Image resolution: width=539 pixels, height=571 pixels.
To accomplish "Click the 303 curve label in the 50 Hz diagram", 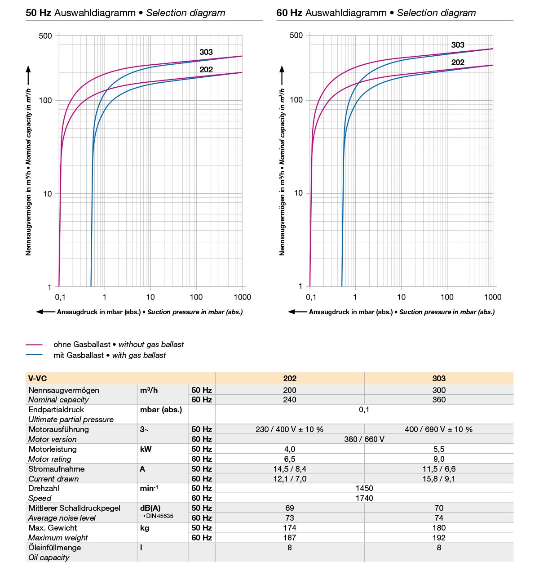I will (206, 52).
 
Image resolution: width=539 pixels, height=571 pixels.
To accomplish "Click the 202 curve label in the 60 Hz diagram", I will (458, 62).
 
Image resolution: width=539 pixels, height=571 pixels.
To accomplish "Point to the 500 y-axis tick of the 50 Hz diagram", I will (45, 36).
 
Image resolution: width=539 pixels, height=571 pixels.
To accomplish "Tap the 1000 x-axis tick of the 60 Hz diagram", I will (493, 297).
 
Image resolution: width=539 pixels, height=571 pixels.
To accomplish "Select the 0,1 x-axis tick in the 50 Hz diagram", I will (60, 297).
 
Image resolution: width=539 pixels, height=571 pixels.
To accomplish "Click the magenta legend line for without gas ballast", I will (34, 345).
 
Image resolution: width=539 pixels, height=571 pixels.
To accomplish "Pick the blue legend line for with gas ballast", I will (34, 355).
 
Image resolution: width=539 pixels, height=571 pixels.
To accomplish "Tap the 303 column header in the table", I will (439, 379).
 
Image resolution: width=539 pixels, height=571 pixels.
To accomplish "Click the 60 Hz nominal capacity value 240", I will (290, 400).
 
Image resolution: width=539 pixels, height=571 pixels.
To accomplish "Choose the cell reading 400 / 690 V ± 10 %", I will (439, 429).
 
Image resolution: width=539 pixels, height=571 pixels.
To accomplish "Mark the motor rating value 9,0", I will (439, 459).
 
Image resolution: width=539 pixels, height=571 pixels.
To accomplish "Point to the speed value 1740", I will (364, 498).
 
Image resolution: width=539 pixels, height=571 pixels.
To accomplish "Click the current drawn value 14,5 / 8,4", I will (290, 469).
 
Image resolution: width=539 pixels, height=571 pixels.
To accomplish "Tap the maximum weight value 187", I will (290, 538).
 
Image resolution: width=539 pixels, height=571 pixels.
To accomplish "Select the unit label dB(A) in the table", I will (150, 508).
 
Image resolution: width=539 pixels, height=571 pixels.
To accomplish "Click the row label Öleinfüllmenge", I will (55, 548).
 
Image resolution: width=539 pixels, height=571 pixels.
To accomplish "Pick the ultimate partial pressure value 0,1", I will (364, 410).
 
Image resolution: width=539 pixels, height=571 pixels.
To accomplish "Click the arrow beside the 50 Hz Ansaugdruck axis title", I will (45, 312).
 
